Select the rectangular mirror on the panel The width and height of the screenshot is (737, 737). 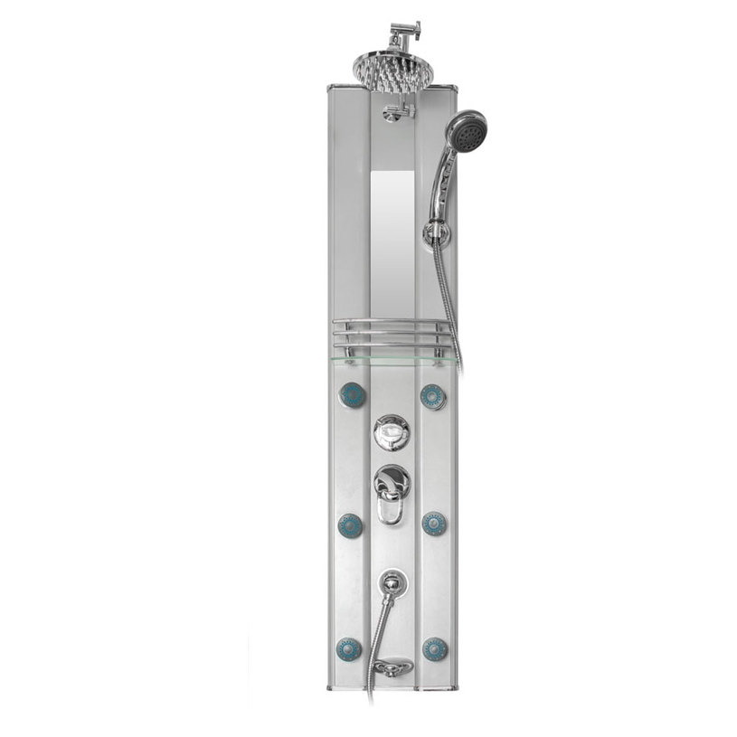pyautogui.click(x=394, y=231)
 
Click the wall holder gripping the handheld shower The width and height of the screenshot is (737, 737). pyautogui.click(x=439, y=233)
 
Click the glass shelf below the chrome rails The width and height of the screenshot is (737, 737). pyautogui.click(x=393, y=360)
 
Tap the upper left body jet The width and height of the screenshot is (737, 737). pyautogui.click(x=351, y=395)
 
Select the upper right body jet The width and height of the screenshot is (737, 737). pyautogui.click(x=433, y=396)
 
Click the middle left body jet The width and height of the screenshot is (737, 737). pyautogui.click(x=350, y=524)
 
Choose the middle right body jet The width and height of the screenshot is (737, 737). pyautogui.click(x=434, y=524)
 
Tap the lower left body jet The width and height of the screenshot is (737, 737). pyautogui.click(x=349, y=647)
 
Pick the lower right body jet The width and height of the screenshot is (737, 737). pyautogui.click(x=434, y=647)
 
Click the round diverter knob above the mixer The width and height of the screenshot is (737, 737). pyautogui.click(x=392, y=433)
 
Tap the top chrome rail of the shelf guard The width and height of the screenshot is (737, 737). pyautogui.click(x=392, y=322)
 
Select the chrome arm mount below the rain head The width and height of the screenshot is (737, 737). pyautogui.click(x=396, y=112)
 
